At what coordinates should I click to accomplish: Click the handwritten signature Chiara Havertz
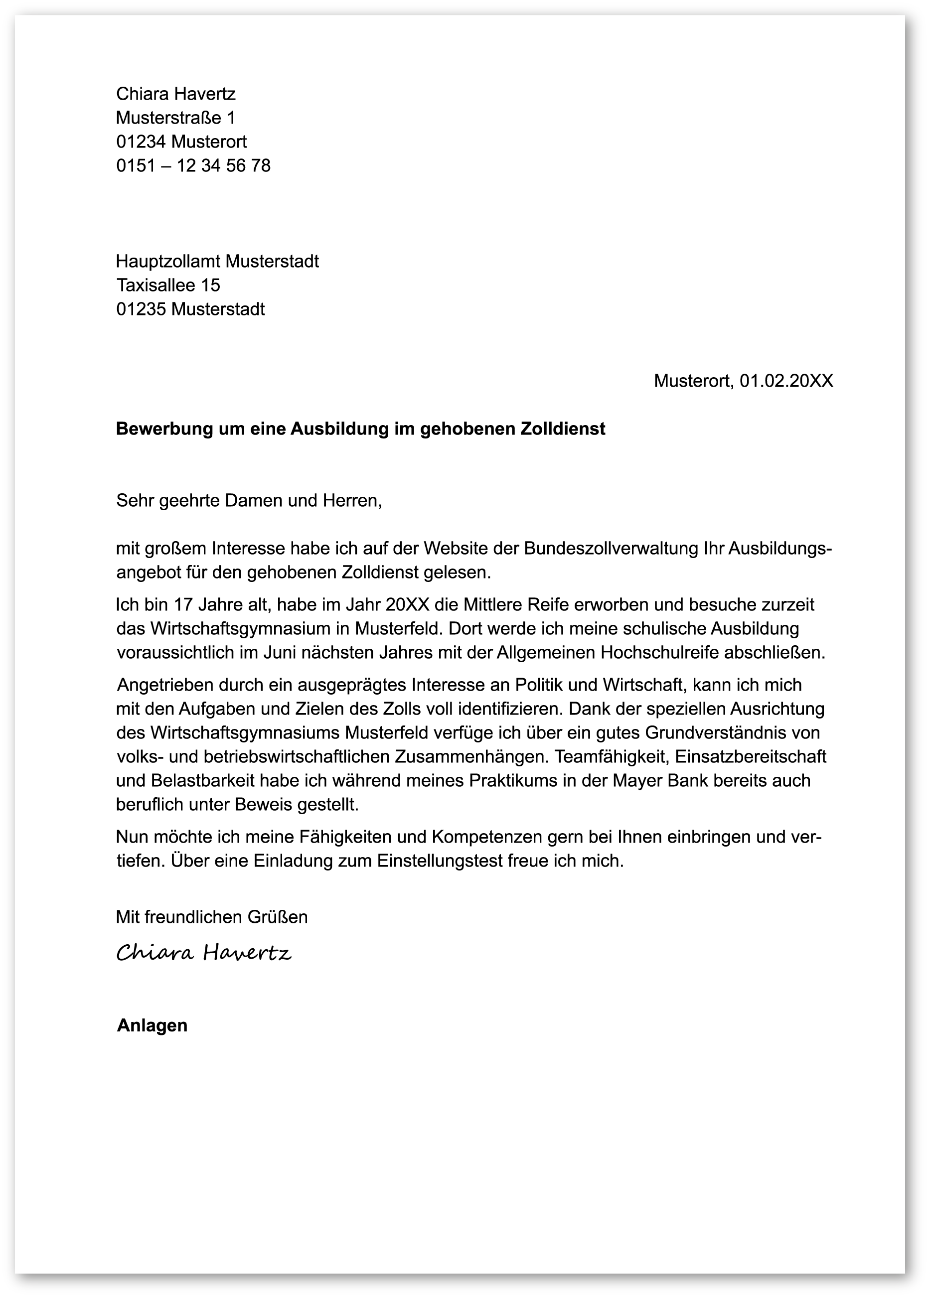[204, 953]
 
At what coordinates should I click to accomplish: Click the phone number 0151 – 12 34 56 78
[193, 165]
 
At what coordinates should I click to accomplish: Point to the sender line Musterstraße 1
[175, 118]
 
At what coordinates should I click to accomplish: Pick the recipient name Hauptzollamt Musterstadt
[217, 261]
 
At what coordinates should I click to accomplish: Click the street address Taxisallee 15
[168, 285]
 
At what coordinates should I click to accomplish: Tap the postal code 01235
[141, 309]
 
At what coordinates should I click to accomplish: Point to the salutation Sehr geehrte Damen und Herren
[249, 500]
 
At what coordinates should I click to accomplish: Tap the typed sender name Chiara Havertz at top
[175, 94]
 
